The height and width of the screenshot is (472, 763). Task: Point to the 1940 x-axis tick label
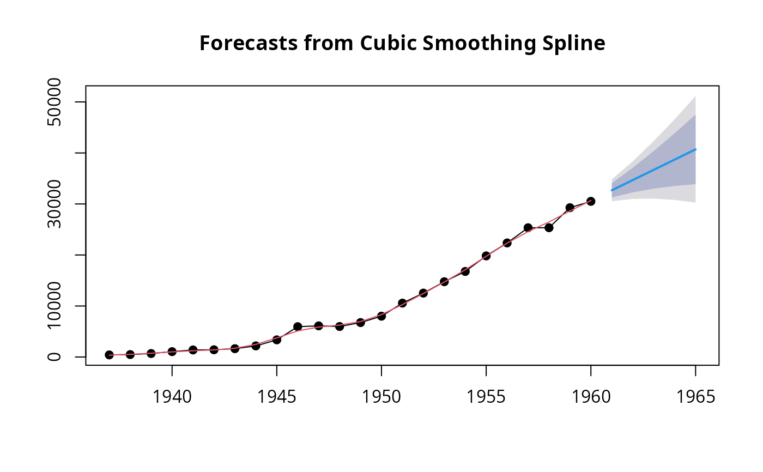[172, 397]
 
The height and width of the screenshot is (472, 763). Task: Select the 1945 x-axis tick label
[277, 397]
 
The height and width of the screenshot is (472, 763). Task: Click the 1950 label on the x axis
[381, 397]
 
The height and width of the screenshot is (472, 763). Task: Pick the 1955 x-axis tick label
[486, 397]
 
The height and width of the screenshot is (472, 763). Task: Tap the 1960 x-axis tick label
[591, 397]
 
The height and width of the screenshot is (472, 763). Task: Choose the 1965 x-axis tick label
[695, 397]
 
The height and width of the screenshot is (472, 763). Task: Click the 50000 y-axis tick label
[55, 102]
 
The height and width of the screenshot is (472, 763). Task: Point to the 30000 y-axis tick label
[55, 204]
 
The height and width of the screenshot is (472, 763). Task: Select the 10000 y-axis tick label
[55, 306]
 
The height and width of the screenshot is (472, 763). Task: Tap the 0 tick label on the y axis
[55, 357]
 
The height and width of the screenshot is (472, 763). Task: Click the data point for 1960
[591, 201]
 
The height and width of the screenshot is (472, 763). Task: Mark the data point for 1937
[109, 355]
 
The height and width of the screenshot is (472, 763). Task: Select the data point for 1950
[381, 316]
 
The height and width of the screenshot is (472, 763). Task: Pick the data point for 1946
[298, 326]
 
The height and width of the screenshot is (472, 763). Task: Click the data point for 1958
[549, 227]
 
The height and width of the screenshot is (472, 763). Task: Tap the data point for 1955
[486, 256]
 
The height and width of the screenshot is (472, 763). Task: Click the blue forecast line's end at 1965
[695, 149]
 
